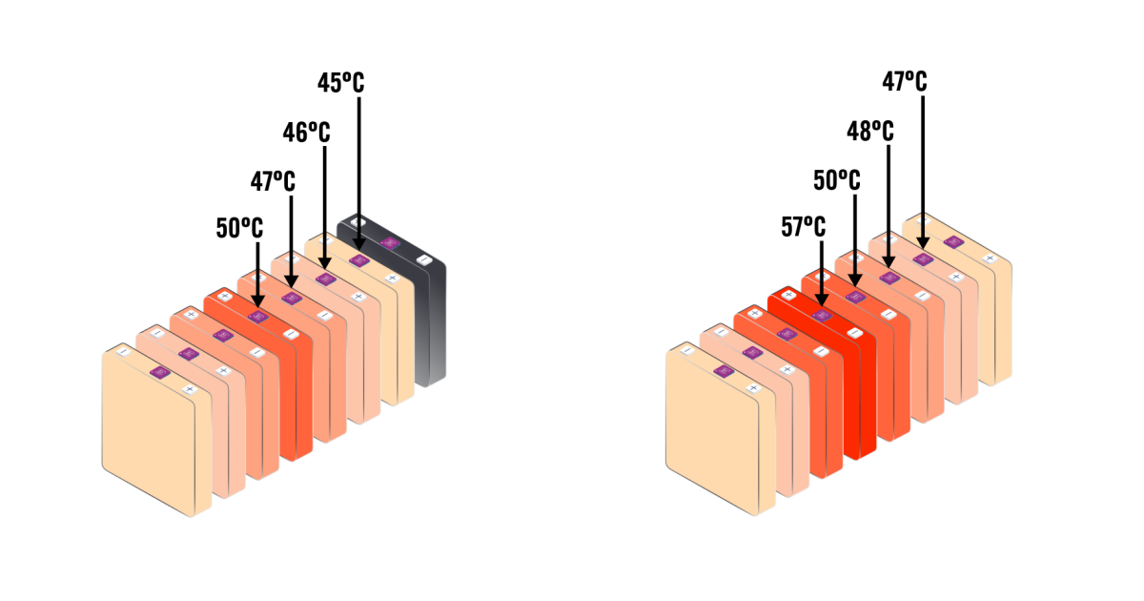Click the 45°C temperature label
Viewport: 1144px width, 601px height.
340,83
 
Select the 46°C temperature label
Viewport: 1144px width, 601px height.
306,133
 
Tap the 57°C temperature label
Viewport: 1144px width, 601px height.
804,226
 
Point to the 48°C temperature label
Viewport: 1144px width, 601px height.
870,132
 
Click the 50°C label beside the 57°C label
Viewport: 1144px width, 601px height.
837,180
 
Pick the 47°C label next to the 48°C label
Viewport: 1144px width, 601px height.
905,82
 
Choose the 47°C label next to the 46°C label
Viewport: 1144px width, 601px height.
273,181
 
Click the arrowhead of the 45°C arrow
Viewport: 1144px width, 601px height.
359,244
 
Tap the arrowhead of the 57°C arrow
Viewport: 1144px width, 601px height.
821,300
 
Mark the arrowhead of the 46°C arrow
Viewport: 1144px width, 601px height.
325,262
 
